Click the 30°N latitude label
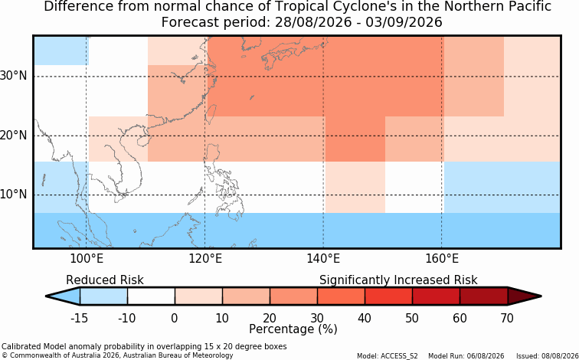13,76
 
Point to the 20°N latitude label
13,136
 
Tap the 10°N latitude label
13,195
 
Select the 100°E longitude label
87,259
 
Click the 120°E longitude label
205,259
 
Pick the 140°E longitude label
323,259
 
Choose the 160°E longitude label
442,259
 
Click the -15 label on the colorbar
79,318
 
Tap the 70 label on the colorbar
507,318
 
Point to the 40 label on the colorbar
365,318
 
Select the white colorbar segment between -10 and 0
151,296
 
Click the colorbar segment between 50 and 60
436,296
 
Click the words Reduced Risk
105,280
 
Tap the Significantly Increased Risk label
398,280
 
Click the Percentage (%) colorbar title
293,329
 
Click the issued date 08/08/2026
562,356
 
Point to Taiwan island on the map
211,113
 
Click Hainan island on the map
142,141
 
